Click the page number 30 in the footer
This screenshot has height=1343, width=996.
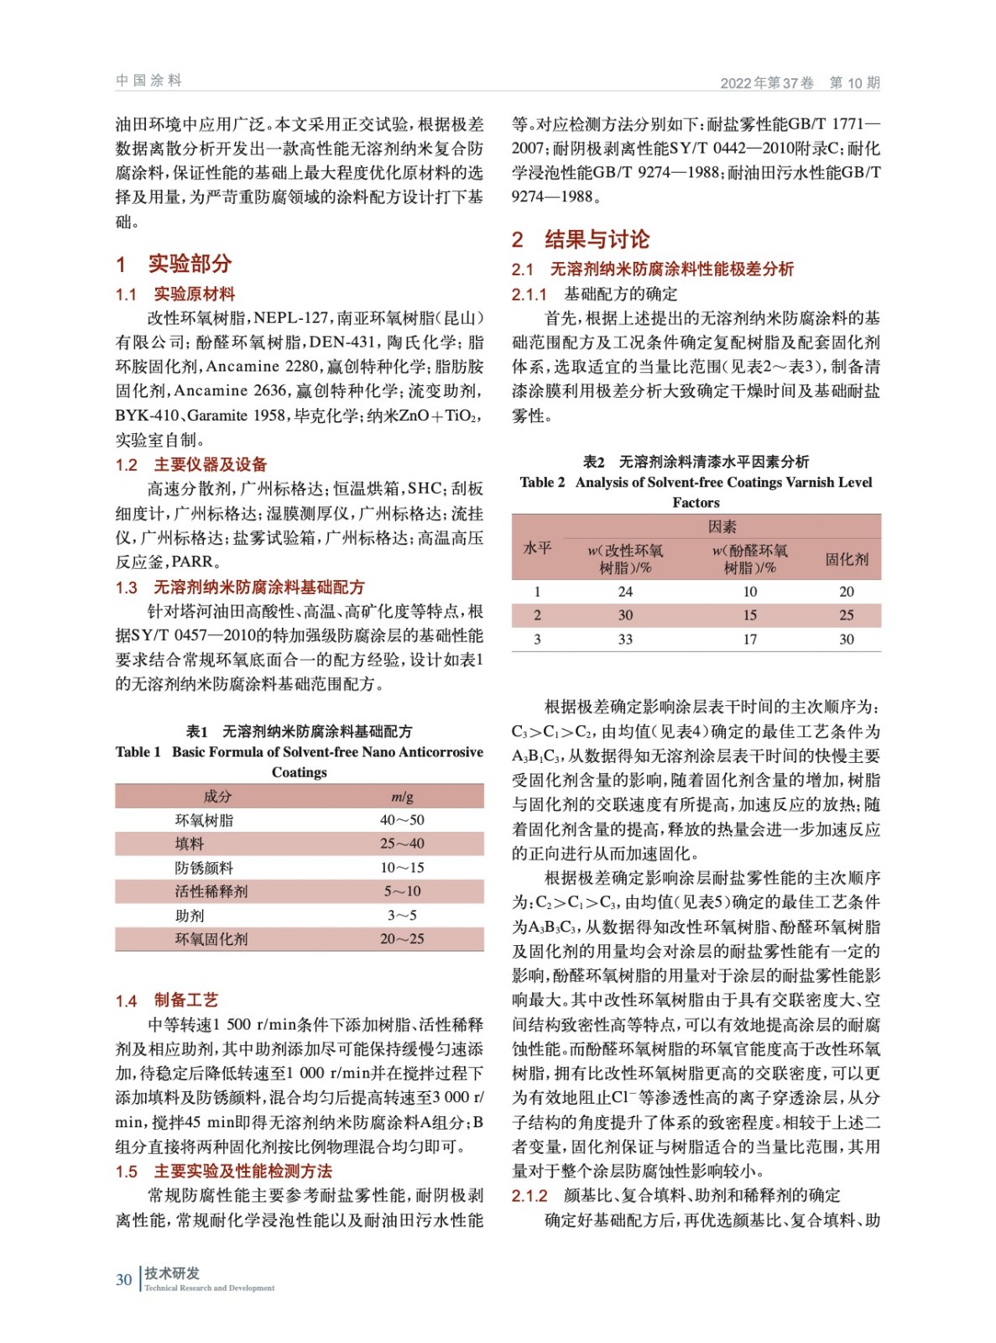pyautogui.click(x=123, y=1279)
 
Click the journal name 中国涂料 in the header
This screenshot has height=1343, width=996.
pyautogui.click(x=149, y=81)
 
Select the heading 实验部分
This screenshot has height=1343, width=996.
pyautogui.click(x=190, y=264)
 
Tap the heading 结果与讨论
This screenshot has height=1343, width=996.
pyautogui.click(x=597, y=239)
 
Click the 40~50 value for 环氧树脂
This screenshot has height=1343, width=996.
pyautogui.click(x=402, y=820)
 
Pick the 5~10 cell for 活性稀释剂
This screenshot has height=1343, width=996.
pyautogui.click(x=402, y=891)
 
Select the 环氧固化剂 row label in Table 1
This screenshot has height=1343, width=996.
pyautogui.click(x=211, y=939)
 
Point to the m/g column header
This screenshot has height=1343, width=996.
pyautogui.click(x=402, y=797)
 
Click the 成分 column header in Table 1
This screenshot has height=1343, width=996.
pyautogui.click(x=217, y=797)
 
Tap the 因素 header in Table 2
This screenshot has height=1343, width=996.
pyautogui.click(x=722, y=527)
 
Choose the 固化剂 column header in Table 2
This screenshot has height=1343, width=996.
pyautogui.click(x=847, y=559)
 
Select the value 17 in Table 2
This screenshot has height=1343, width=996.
pyautogui.click(x=749, y=640)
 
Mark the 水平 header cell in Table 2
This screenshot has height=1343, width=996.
pyautogui.click(x=537, y=547)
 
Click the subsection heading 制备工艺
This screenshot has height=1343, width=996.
pyautogui.click(x=185, y=1000)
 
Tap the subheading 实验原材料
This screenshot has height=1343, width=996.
pyautogui.click(x=194, y=294)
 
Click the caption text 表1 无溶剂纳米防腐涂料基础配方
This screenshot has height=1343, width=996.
pyautogui.click(x=299, y=731)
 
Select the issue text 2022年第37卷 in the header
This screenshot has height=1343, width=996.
pyautogui.click(x=767, y=82)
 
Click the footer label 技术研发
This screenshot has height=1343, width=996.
pyautogui.click(x=172, y=1272)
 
